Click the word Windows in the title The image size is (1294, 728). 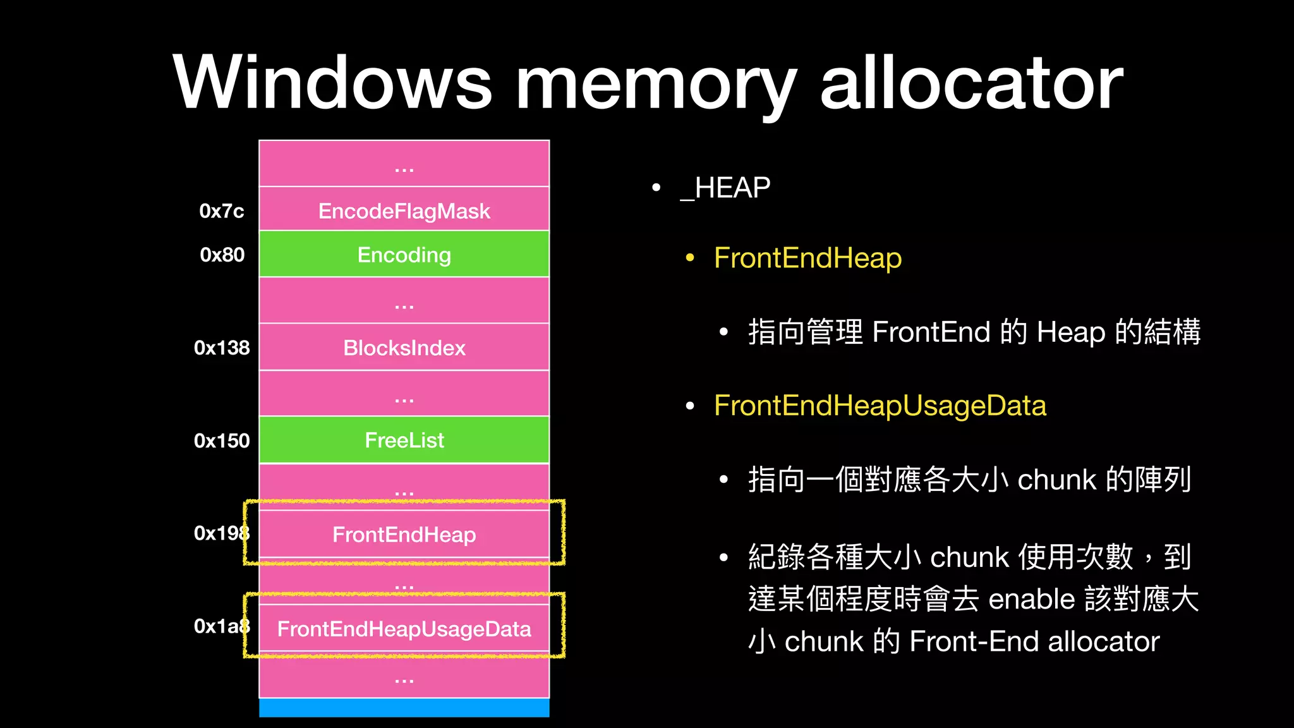[332, 82]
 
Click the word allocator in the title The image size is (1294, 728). [971, 82]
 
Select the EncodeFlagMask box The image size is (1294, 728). [404, 210]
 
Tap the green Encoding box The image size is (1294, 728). [404, 255]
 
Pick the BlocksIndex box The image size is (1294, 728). [404, 348]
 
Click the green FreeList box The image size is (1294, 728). [404, 440]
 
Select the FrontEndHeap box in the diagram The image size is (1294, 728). [404, 535]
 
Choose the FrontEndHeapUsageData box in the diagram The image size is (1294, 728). [404, 629]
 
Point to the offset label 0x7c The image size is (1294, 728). [221, 211]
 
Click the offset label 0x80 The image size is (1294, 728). [222, 255]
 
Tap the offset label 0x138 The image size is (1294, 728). [222, 348]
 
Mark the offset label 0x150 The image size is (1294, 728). [222, 440]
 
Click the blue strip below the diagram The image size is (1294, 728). [404, 708]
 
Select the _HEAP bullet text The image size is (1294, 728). [725, 188]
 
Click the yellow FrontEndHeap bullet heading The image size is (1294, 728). [807, 258]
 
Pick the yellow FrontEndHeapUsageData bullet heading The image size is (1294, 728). [880, 406]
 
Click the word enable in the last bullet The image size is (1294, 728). [1031, 599]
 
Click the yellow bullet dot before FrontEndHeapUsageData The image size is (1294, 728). [690, 406]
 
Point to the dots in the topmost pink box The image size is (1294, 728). [404, 169]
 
